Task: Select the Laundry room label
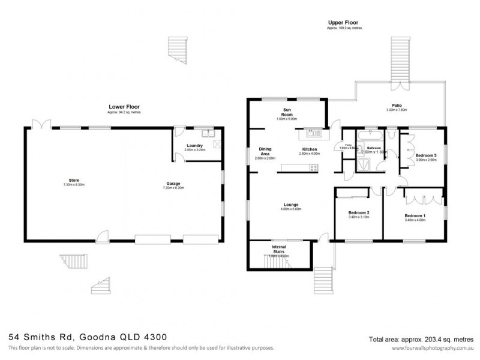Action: tap(194, 145)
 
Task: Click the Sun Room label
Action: tap(287, 112)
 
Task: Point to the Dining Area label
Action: tap(266, 152)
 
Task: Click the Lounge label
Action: tap(292, 205)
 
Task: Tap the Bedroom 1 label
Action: tap(415, 215)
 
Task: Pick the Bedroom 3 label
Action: tap(425, 153)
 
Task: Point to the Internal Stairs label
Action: tap(278, 248)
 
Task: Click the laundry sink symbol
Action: tap(206, 133)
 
